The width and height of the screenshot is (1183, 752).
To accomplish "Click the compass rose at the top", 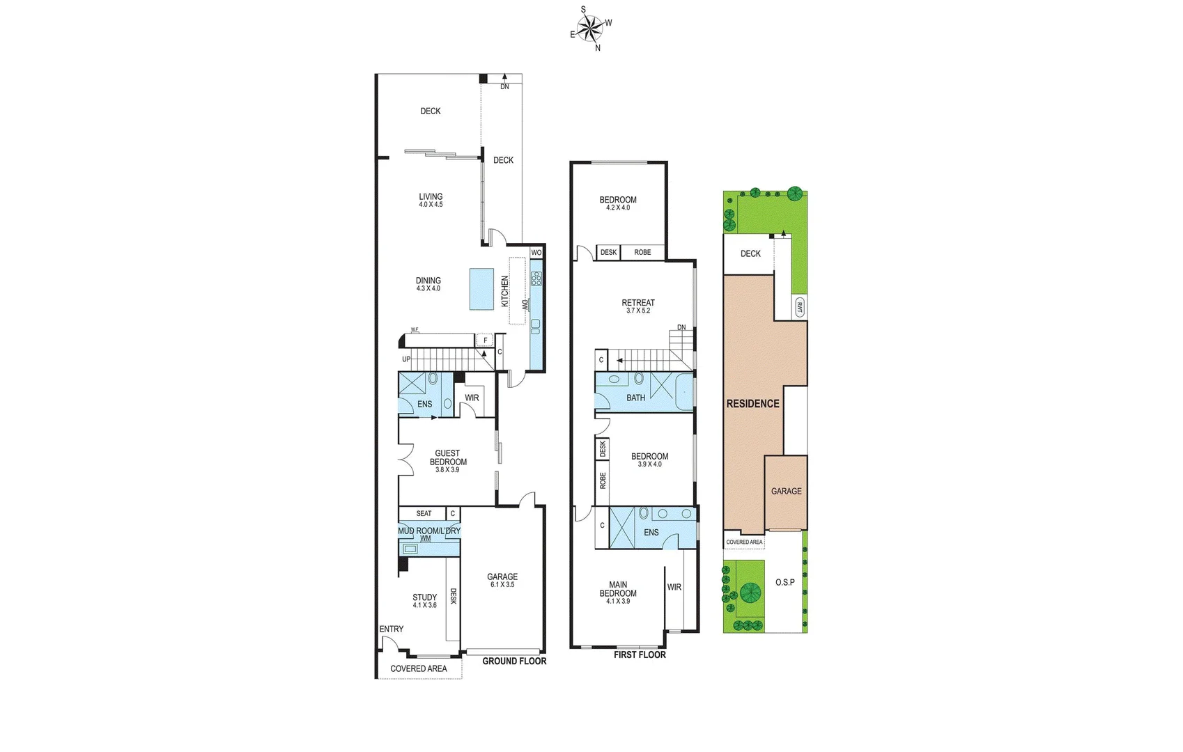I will [590, 29].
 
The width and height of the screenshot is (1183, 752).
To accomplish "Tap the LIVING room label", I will [431, 197].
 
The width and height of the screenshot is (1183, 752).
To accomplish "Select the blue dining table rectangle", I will [481, 289].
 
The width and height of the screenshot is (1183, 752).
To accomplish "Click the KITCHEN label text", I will [505, 291].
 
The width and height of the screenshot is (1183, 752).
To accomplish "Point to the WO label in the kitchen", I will [536, 253].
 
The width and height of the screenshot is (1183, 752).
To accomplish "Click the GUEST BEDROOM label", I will [448, 457].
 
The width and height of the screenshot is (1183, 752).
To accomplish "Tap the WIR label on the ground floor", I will [472, 398].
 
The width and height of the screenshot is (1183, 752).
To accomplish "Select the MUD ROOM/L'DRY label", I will [429, 531].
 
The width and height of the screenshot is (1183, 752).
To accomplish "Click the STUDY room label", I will [424, 597].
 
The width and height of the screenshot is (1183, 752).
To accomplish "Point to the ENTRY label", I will [391, 629].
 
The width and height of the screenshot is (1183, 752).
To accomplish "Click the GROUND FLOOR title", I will [514, 661].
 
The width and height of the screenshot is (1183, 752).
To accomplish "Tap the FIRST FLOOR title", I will [640, 655].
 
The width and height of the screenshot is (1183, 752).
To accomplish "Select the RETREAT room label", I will [638, 303].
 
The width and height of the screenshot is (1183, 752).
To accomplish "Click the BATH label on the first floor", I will [635, 398].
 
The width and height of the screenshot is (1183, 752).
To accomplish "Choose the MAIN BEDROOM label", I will [618, 589].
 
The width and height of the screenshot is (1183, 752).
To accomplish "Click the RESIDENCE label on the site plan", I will [752, 404].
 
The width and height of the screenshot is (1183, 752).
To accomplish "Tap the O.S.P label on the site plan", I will [784, 582].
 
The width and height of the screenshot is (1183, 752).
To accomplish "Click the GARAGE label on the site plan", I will [786, 491].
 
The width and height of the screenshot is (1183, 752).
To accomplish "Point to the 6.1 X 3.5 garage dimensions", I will [502, 585].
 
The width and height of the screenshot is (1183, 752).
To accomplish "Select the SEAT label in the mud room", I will [424, 514].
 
